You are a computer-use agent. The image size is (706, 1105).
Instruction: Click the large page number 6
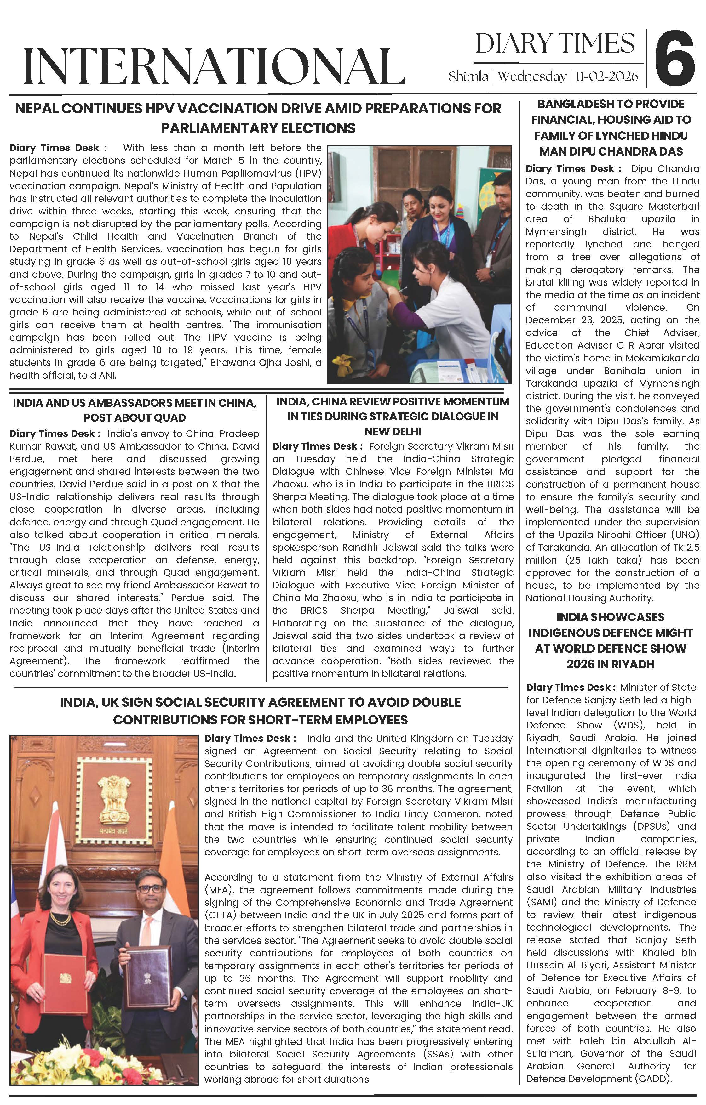(x=674, y=57)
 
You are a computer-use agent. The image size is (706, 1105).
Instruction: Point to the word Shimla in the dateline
(x=468, y=76)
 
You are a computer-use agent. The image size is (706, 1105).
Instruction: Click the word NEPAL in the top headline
(x=36, y=109)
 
